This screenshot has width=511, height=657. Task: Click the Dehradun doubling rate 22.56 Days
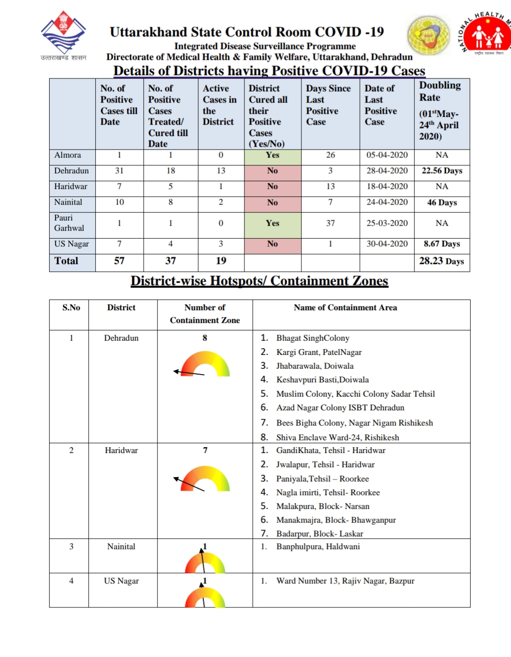coord(442,171)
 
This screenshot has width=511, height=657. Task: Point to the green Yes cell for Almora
coord(272,155)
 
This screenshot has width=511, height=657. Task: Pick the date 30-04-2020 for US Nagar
coord(387,244)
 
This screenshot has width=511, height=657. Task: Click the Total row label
coord(67,261)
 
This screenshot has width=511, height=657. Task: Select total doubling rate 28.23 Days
coord(441,261)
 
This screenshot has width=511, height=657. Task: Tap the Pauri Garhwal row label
coord(69,223)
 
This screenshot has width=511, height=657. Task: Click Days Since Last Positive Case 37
coord(330,223)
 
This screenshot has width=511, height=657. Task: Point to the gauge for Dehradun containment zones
coord(204,365)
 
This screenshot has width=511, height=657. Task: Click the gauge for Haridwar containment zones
coord(204,479)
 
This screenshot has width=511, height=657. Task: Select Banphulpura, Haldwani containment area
coord(318,547)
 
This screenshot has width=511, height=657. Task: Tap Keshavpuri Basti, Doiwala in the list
coord(322,380)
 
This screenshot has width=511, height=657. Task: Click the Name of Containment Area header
coord(345,308)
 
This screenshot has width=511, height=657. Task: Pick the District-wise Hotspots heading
coord(259,281)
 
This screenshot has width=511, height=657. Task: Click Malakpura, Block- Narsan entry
coord(323,506)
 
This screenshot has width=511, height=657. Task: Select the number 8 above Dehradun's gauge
coord(205,338)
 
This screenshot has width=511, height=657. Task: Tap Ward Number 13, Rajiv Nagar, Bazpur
coord(345,581)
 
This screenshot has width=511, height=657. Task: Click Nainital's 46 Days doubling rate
coord(442,202)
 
